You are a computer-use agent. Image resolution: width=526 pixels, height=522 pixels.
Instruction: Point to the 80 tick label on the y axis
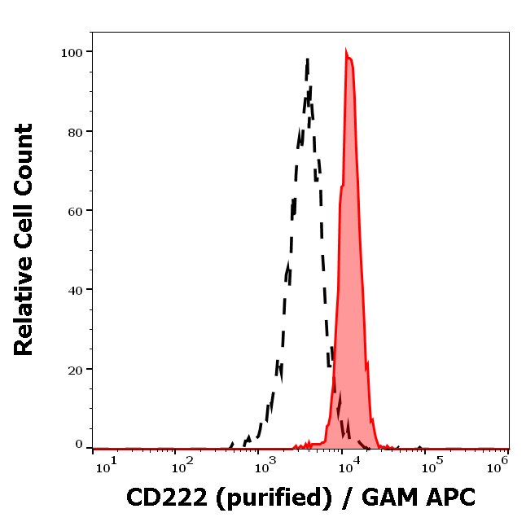[75, 131]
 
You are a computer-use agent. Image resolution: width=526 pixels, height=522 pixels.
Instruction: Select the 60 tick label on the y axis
[75, 211]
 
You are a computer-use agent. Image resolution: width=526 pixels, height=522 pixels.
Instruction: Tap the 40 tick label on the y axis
[75, 290]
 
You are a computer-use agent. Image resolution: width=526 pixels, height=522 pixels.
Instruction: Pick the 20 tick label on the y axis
[75, 369]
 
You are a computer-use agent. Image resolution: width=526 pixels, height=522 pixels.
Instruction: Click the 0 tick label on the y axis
[79, 445]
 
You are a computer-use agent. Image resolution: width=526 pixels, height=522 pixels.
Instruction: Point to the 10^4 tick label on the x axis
[348, 464]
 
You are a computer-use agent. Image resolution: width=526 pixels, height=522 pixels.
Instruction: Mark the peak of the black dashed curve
[307, 59]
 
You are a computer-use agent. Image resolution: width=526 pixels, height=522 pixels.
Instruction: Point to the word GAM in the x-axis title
[388, 496]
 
